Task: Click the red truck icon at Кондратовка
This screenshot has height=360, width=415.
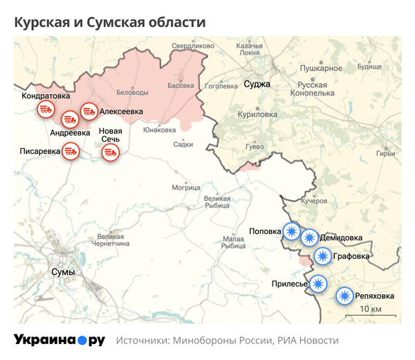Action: point(46,109)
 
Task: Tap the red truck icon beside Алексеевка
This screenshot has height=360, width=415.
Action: point(89,111)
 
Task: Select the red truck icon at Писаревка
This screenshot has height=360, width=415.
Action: point(70,150)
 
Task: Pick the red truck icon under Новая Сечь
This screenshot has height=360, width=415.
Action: point(110,152)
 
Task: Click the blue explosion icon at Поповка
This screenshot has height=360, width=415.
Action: point(293,232)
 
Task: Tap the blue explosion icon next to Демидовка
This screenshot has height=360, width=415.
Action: point(309,238)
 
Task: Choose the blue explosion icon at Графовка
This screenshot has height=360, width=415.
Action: point(322,257)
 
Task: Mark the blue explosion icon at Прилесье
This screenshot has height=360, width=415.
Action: point(317,283)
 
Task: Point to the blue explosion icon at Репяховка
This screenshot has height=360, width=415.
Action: point(344,296)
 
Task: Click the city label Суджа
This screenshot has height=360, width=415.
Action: point(257,84)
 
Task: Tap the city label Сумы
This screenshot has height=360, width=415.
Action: point(63,272)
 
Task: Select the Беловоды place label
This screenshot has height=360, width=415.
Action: point(132,92)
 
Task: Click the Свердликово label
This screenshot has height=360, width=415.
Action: point(193,46)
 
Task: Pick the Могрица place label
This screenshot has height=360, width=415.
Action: point(186,188)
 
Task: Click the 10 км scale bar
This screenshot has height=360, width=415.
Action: point(371,315)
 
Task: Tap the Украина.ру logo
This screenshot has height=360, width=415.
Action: point(59,340)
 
